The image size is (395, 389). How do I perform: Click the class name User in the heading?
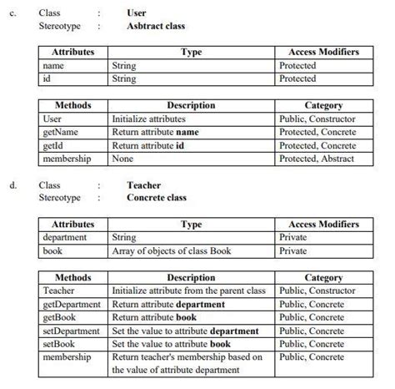click(137, 13)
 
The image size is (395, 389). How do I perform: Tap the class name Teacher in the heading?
click(143, 185)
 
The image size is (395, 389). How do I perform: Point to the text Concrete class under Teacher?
click(157, 199)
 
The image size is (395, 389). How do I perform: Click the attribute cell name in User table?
click(53, 65)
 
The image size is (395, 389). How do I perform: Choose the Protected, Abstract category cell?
click(317, 159)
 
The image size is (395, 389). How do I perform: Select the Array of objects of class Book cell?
click(167, 250)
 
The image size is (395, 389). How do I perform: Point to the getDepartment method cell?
click(72, 304)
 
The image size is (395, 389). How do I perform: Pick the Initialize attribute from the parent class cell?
click(187, 290)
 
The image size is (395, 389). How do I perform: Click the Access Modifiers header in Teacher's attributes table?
click(323, 225)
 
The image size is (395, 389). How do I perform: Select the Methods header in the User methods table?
click(73, 106)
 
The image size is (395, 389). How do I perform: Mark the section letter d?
click(12, 185)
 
